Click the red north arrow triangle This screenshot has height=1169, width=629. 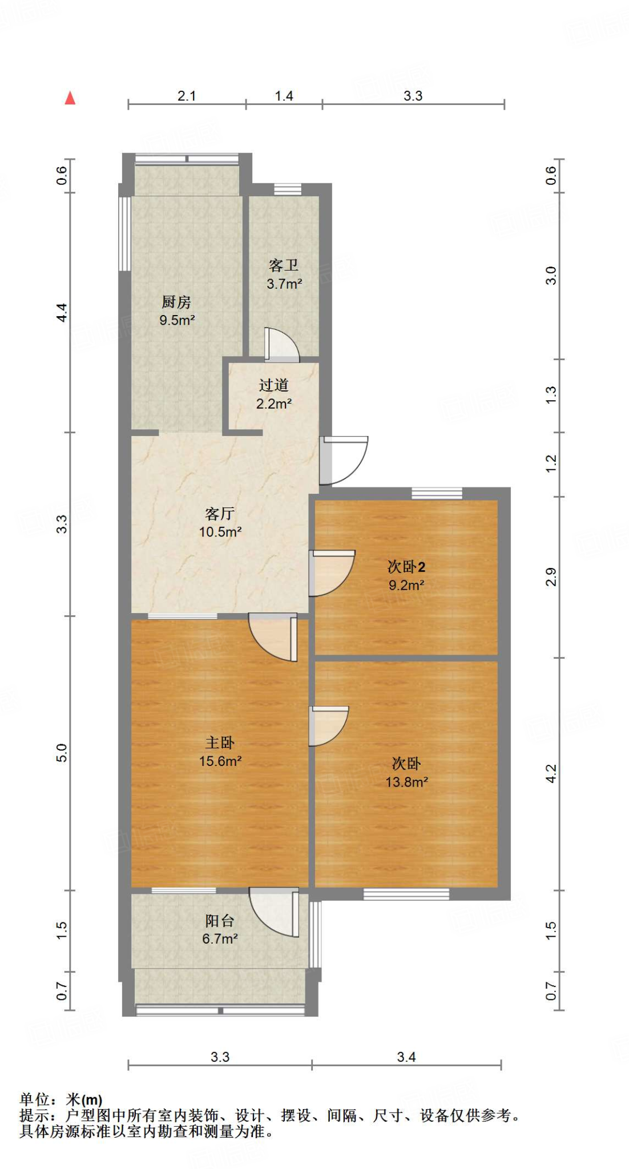(70, 98)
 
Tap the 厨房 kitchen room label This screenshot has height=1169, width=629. (176, 301)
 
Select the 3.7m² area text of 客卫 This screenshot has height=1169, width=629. (284, 284)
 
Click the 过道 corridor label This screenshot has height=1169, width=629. (273, 385)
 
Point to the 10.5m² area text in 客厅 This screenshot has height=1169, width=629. (220, 532)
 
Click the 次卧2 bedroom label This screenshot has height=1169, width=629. (406, 567)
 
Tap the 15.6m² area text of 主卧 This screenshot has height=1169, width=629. (220, 761)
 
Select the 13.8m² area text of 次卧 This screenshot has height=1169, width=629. (406, 782)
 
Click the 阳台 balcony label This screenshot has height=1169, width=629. (220, 920)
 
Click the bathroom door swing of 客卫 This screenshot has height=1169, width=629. (281, 345)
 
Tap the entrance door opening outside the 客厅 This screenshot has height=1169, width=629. (342, 459)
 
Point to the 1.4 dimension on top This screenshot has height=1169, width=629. (284, 96)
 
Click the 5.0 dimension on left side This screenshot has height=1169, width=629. (62, 752)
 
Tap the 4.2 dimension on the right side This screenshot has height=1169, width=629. (551, 773)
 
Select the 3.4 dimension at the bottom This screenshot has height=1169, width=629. (406, 1057)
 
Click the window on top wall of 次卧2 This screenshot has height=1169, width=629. (437, 493)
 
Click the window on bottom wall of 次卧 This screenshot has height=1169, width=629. (406, 894)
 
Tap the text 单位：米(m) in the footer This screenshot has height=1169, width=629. (61, 1099)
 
